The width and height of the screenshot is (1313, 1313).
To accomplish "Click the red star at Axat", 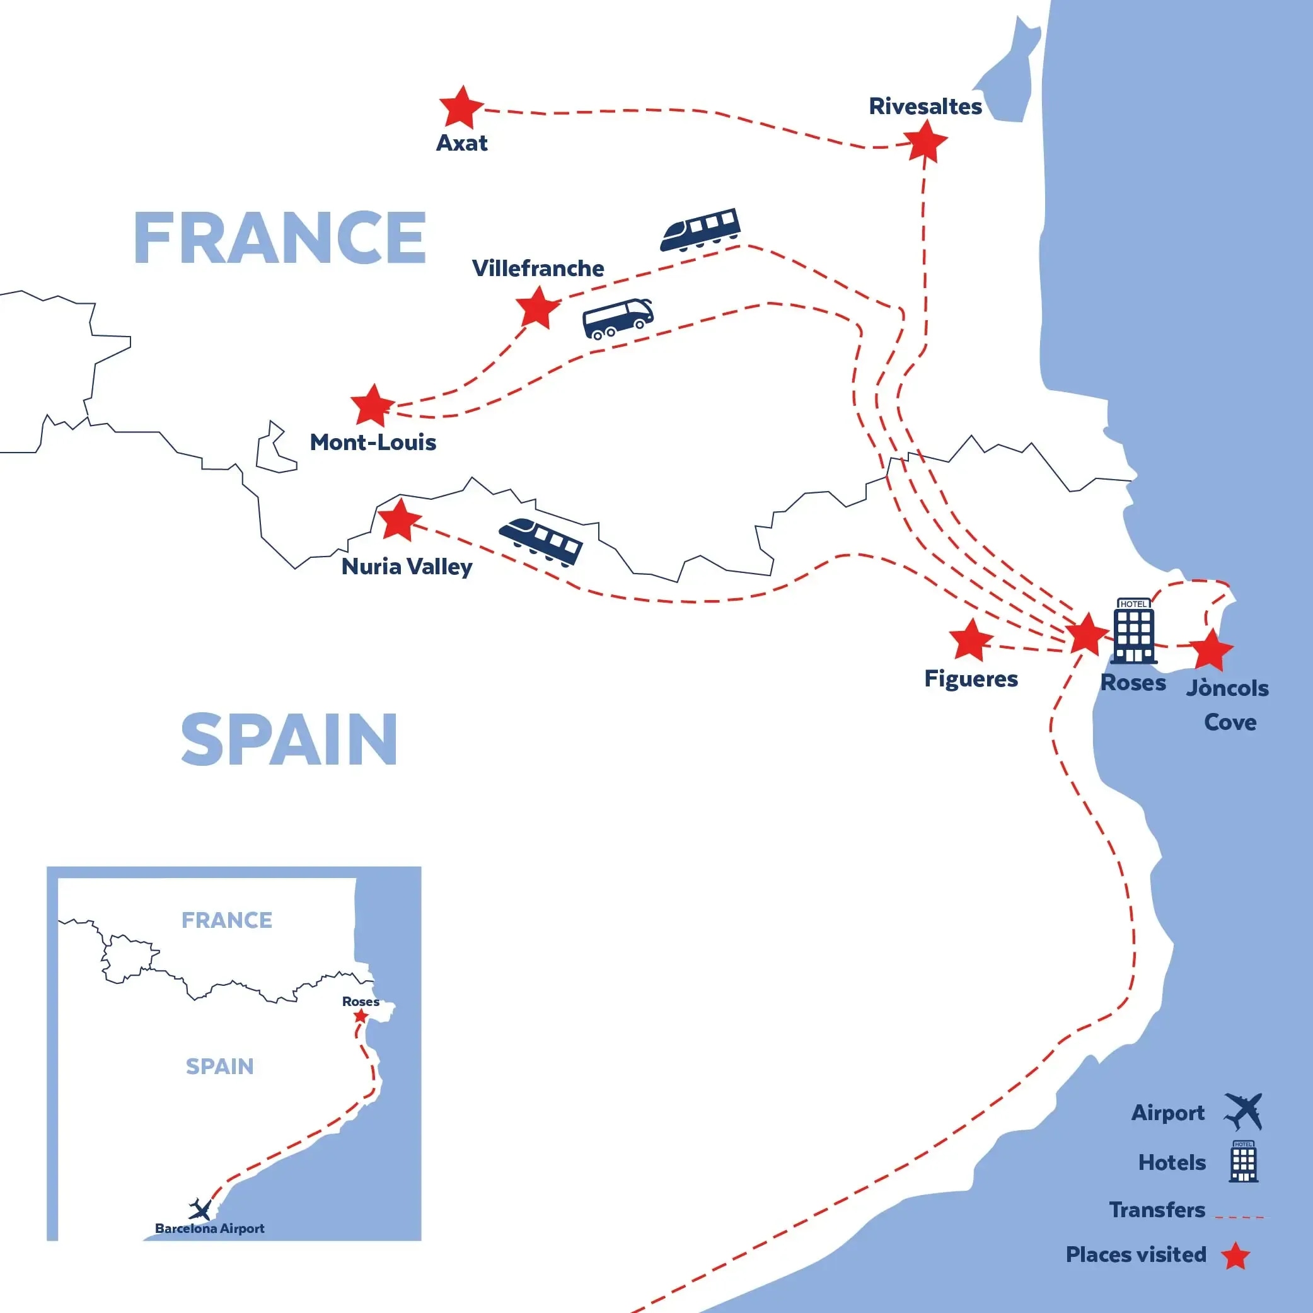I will (x=461, y=108).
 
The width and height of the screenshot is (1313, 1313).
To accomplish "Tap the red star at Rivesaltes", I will (x=925, y=142).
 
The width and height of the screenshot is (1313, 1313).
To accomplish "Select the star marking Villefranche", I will (x=538, y=308).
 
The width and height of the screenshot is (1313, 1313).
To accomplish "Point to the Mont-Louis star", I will (x=373, y=406).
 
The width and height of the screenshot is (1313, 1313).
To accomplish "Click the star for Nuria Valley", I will (x=399, y=521).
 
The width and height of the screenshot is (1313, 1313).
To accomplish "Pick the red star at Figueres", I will (x=971, y=641).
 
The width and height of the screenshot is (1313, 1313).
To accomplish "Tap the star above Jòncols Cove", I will (x=1211, y=651).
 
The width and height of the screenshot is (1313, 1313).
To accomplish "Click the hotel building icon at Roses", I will (x=1133, y=632).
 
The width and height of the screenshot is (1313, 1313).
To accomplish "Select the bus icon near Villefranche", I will (x=618, y=318).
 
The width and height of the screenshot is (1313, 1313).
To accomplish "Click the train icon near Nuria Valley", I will (x=541, y=541).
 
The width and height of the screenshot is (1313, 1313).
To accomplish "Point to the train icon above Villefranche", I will (x=700, y=229).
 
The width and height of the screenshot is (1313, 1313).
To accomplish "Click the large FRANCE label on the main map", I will (x=280, y=238).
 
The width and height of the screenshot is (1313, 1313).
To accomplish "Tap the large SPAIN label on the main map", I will (x=289, y=740).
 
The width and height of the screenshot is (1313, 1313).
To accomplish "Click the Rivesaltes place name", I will (x=925, y=107).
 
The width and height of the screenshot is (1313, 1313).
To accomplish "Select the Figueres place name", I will (x=971, y=679).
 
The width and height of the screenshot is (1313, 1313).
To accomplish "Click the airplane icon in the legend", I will (x=1243, y=1113).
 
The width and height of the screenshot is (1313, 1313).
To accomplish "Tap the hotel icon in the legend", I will (x=1243, y=1162).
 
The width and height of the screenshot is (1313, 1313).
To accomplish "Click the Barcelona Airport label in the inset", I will (x=209, y=1229).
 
